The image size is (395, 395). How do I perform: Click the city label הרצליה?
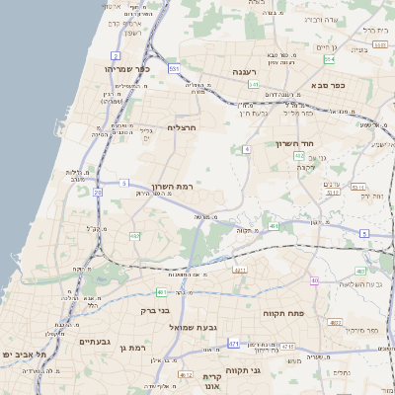click(x=183, y=127)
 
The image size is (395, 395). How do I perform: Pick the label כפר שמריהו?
click(x=126, y=69)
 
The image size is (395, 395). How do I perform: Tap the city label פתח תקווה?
click(x=283, y=313)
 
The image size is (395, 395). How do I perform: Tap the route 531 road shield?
click(x=173, y=69)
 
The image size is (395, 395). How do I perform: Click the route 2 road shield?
click(x=116, y=55)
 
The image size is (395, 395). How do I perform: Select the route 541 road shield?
click(x=253, y=85)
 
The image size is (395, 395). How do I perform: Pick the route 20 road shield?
click(x=98, y=193)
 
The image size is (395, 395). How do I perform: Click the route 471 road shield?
click(x=234, y=344)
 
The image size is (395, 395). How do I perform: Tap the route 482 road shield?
click(x=134, y=236)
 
